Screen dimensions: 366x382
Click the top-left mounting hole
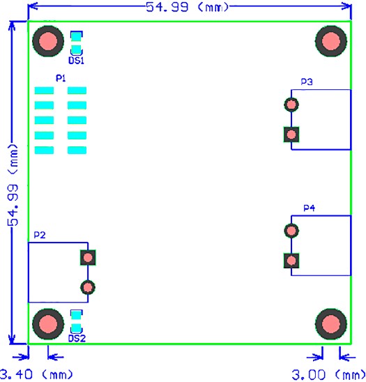click(x=48, y=41)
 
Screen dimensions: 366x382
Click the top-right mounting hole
click(x=331, y=41)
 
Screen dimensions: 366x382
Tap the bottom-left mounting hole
click(x=48, y=324)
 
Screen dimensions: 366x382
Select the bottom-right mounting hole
click(x=331, y=324)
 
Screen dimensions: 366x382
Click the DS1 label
click(x=76, y=61)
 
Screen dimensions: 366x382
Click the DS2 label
click(x=77, y=339)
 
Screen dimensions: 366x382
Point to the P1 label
click(x=61, y=78)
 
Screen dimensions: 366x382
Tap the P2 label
click(x=40, y=235)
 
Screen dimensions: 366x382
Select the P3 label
click(x=307, y=82)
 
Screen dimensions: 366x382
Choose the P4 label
click(x=309, y=208)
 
